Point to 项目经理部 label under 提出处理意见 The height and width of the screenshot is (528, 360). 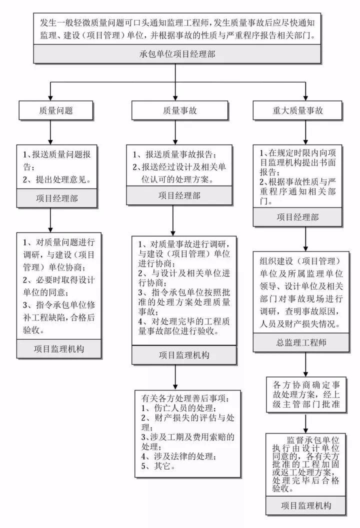point(56,198)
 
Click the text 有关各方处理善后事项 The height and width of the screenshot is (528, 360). point(185,399)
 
